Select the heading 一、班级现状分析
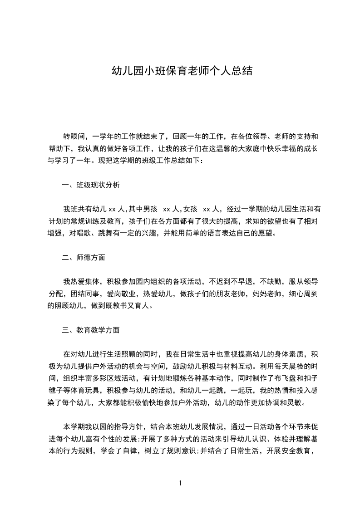pyautogui.click(x=91, y=185)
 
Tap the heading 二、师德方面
pyautogui.click(x=84, y=258)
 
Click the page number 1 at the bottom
pyautogui.click(x=180, y=484)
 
